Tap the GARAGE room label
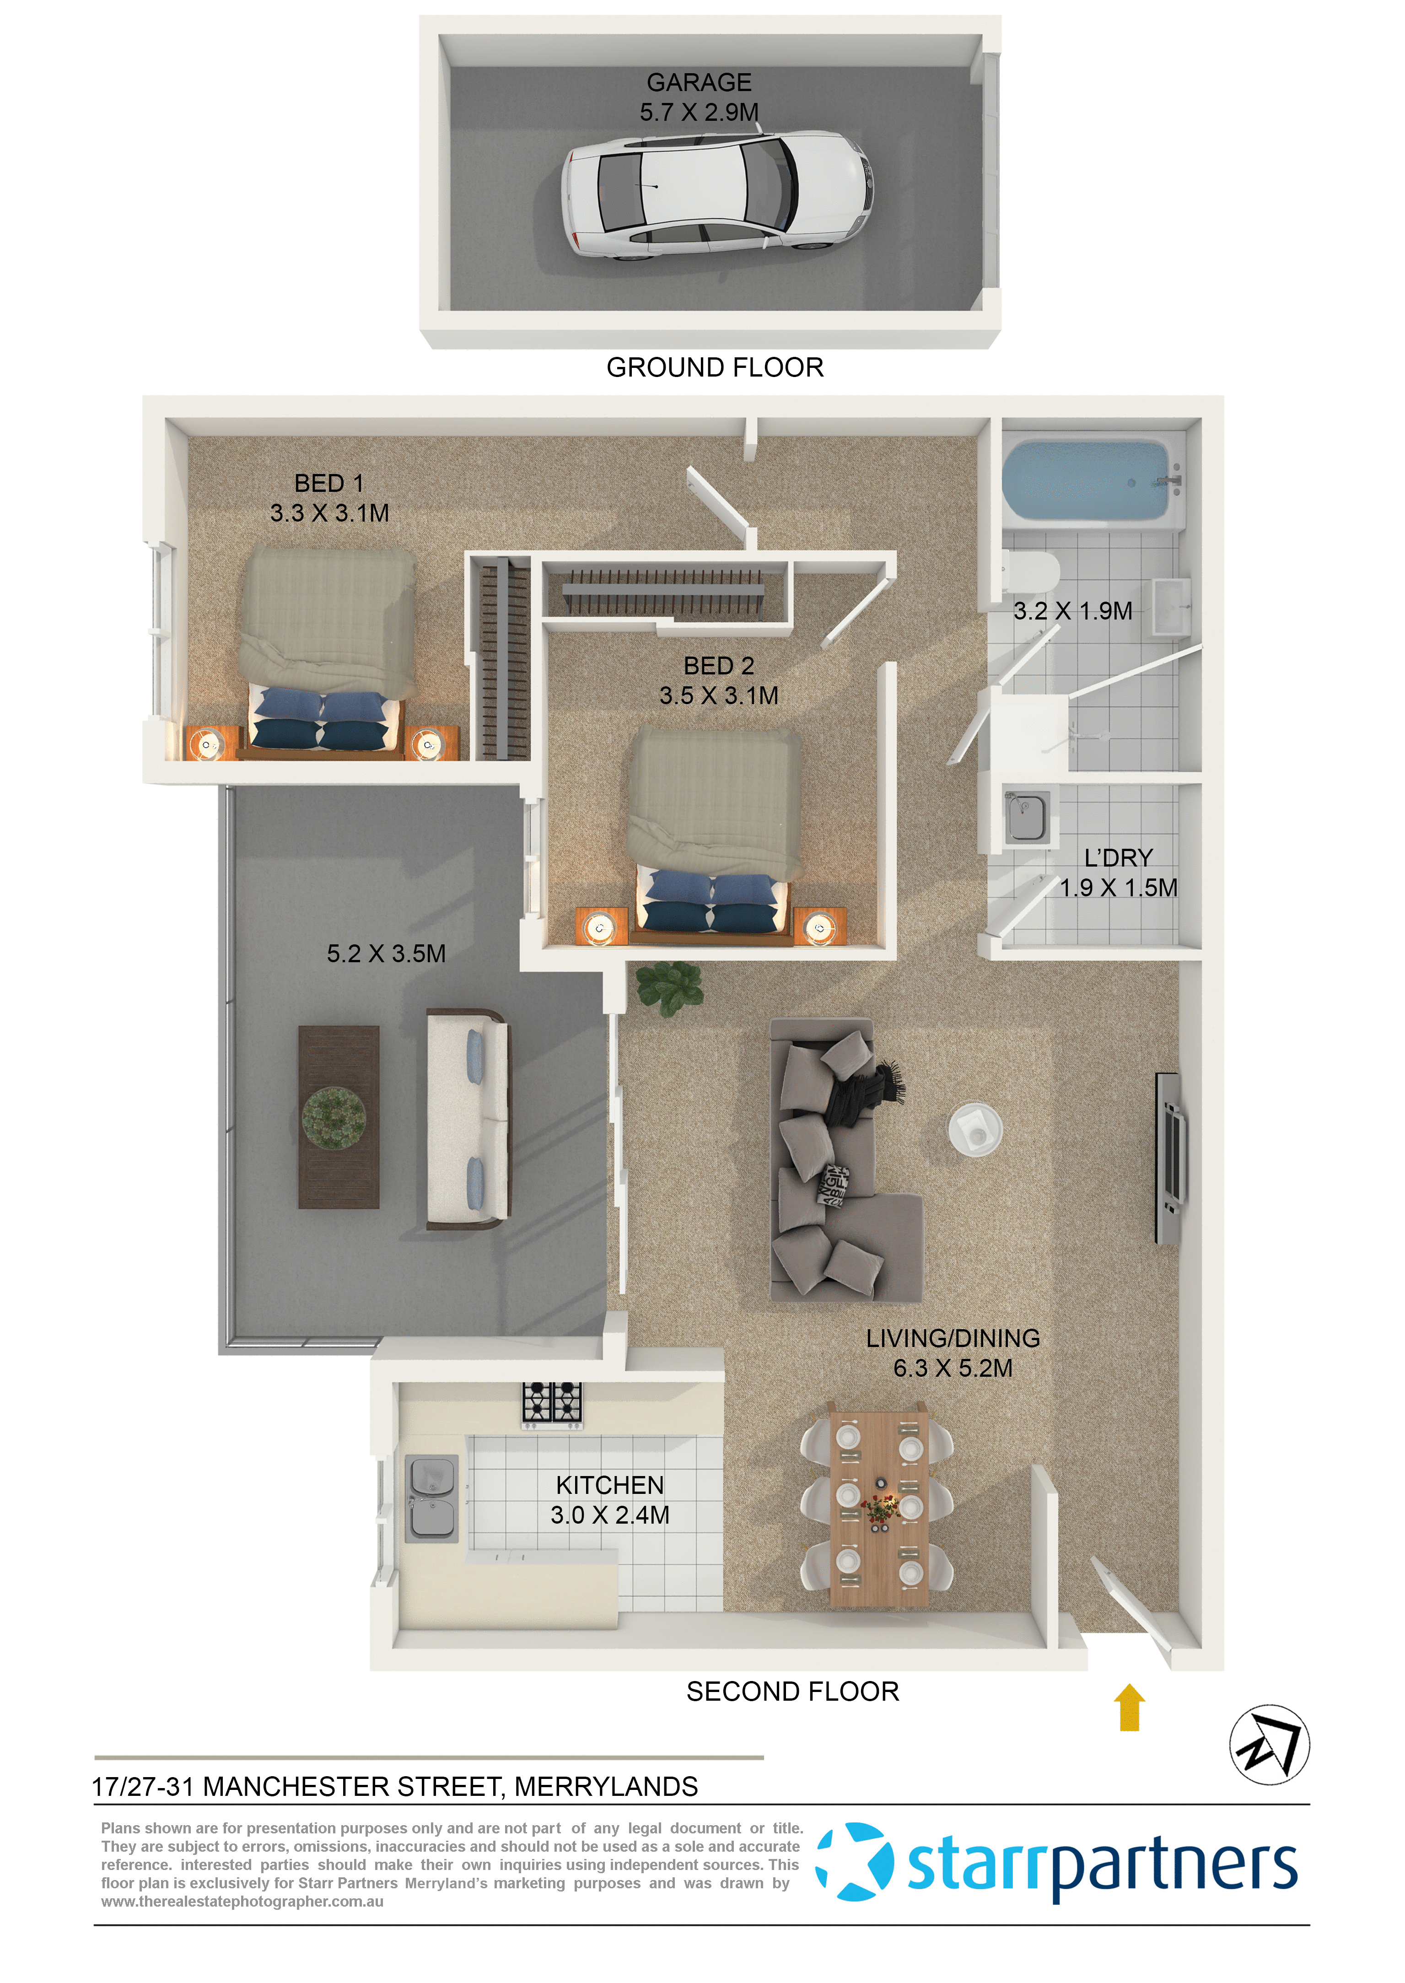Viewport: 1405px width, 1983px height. [x=699, y=82]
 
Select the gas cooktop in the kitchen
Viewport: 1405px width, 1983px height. [x=552, y=1403]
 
